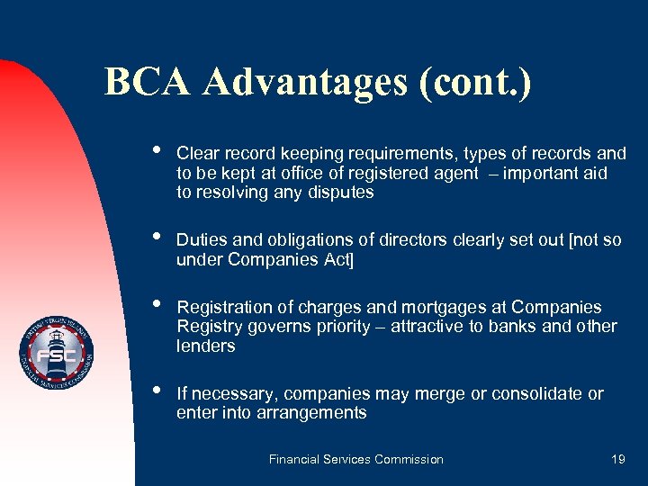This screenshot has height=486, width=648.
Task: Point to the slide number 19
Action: coord(617,459)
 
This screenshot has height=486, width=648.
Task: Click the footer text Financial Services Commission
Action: coord(356,459)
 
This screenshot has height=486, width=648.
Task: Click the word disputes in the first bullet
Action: coord(340,192)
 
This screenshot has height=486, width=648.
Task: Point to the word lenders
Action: coord(206,346)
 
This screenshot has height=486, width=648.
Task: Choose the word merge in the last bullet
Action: coord(434,393)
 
